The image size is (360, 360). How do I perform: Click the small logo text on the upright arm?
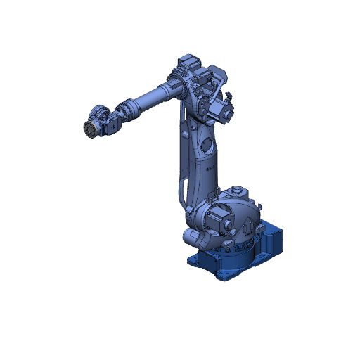(209, 169)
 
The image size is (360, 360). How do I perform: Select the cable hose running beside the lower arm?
(181, 183)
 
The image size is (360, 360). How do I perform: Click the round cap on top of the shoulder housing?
(238, 189)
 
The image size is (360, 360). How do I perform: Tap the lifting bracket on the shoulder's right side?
(259, 207)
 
